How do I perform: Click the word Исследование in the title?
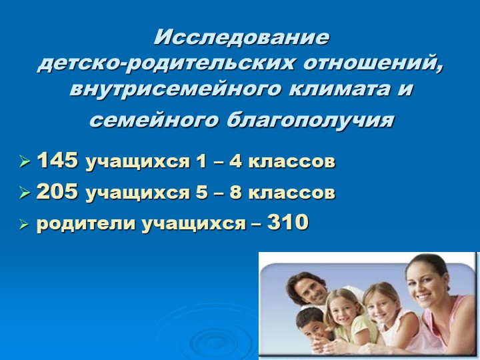pyautogui.click(x=241, y=37)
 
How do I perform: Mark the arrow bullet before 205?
pyautogui.click(x=25, y=193)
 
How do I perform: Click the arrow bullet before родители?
pyautogui.click(x=25, y=225)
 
